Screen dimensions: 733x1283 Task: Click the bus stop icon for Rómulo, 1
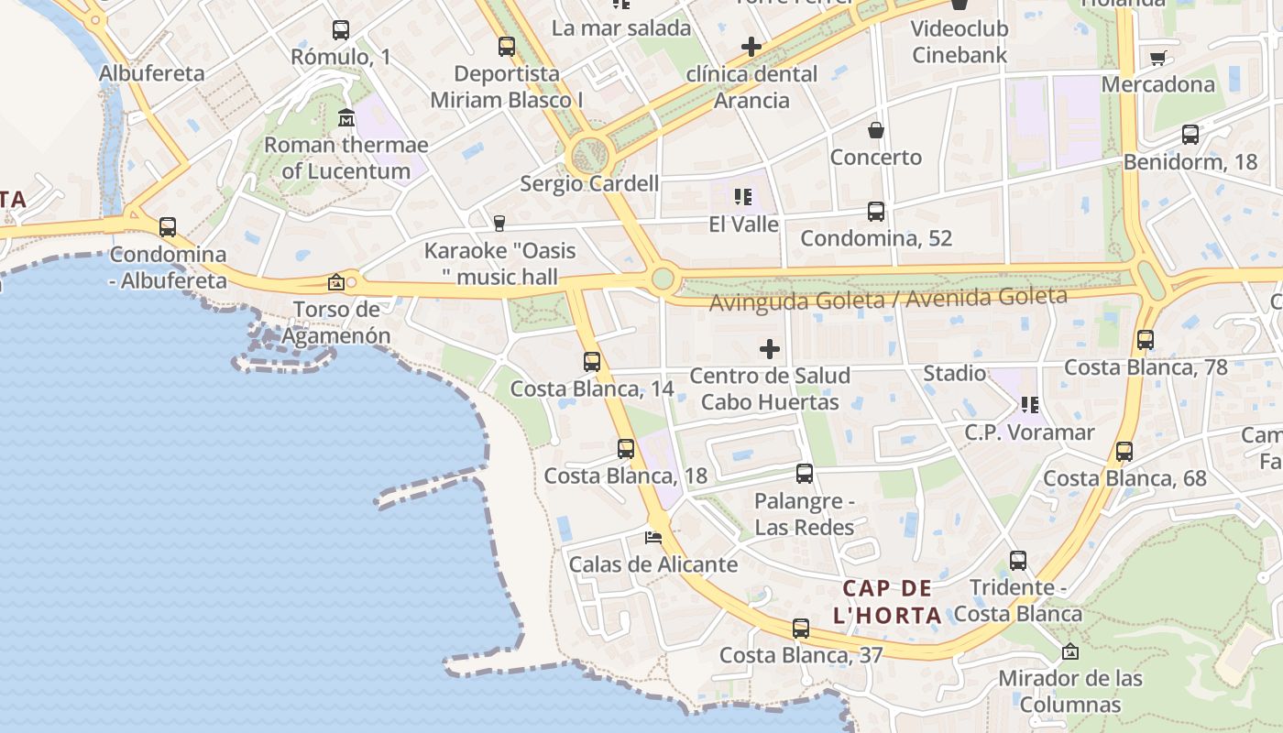point(341,30)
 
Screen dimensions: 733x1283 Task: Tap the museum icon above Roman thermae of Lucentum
point(346,118)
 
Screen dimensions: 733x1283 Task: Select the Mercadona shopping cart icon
point(1157,59)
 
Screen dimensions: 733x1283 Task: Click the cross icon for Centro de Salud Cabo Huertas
point(770,348)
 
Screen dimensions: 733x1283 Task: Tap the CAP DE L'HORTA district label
point(887,601)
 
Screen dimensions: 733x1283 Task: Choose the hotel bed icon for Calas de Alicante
point(653,537)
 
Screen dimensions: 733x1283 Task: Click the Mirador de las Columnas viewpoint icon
point(1069,651)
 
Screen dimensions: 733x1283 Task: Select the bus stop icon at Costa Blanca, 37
point(801,629)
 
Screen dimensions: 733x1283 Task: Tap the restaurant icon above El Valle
point(743,196)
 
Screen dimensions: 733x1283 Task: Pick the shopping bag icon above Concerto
point(876,130)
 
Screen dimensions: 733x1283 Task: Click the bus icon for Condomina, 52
point(876,212)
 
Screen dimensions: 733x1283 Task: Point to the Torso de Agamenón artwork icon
point(336,282)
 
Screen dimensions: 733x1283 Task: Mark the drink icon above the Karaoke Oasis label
point(499,224)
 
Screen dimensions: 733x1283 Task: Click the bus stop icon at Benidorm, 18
point(1190,135)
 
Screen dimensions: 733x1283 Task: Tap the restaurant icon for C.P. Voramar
point(1029,405)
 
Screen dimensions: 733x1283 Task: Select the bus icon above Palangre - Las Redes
point(805,474)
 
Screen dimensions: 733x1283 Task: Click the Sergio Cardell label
point(589,183)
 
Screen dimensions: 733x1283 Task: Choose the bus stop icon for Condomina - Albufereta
point(168,227)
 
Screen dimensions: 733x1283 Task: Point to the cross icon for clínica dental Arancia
point(751,47)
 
